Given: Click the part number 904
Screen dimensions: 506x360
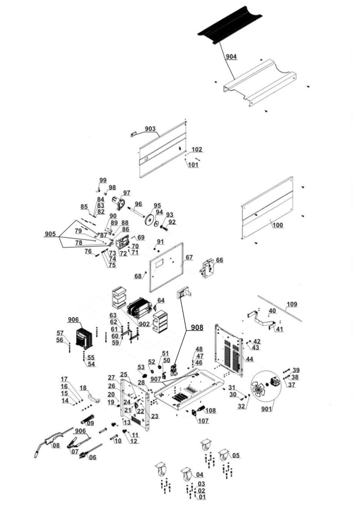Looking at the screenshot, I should point(231,57).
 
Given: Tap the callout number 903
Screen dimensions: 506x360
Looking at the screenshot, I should point(150,129).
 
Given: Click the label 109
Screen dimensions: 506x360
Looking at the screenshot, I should point(292,304).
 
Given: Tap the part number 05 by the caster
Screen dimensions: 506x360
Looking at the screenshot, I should point(236,455).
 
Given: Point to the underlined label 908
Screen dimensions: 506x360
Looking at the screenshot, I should point(196,328).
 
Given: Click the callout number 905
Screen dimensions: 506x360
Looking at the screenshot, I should point(51,234).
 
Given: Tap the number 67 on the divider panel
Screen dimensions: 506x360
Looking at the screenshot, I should point(189,257).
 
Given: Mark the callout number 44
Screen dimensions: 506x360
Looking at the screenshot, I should point(249,359).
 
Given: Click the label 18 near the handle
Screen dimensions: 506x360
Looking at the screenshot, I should point(83,387).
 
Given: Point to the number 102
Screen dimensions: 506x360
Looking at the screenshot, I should point(197,150).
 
